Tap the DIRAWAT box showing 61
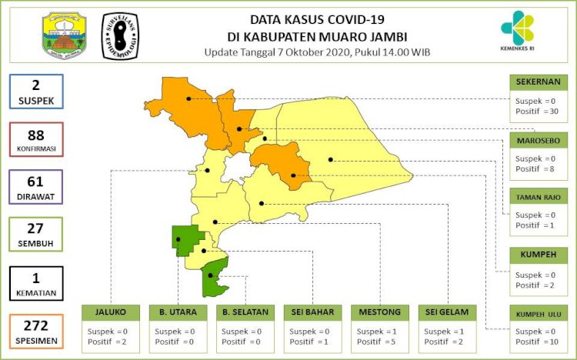[37, 188]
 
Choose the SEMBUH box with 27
[37, 235]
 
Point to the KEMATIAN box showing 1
[37, 282]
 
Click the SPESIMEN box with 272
[37, 330]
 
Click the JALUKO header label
[111, 312]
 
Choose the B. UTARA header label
[178, 312]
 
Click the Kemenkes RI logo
[522, 32]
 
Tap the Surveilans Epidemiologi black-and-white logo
[121, 36]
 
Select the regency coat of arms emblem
[64, 35]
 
